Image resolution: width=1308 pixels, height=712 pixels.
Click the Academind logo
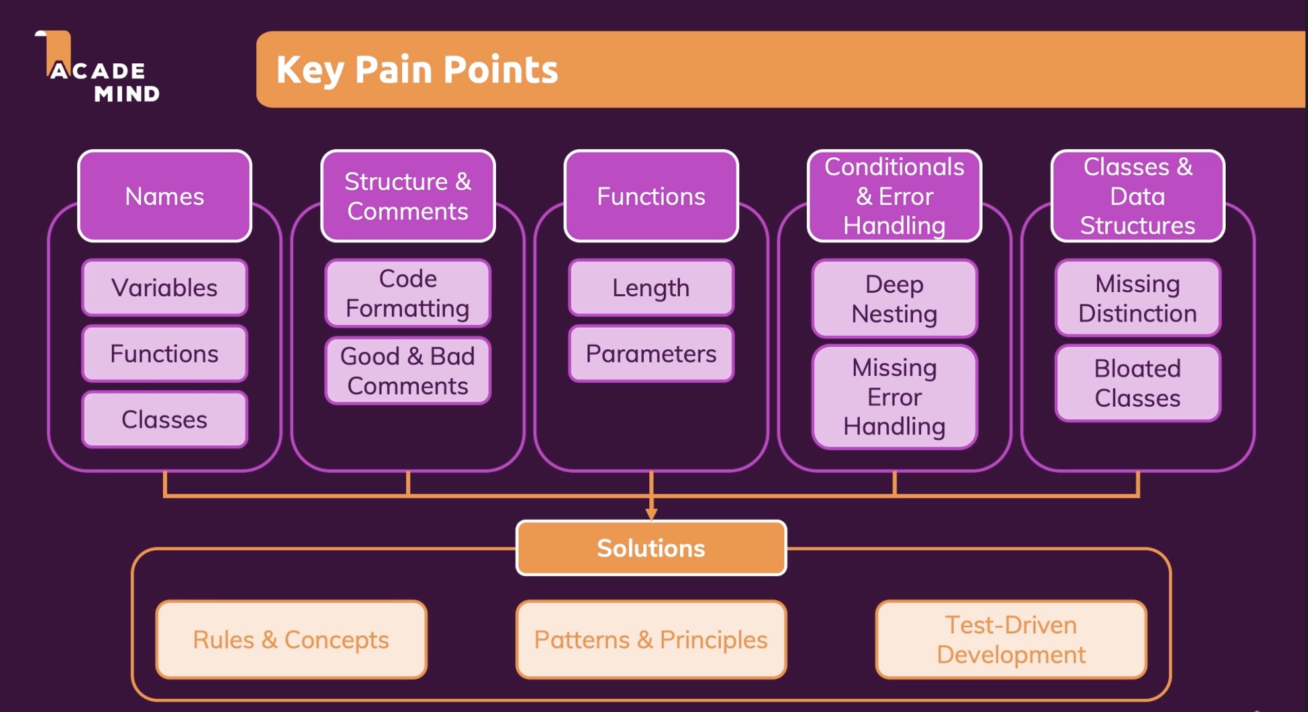click(x=98, y=66)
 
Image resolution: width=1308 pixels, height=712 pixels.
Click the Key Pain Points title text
click(x=417, y=69)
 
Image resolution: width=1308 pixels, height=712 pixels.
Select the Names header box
click(x=164, y=196)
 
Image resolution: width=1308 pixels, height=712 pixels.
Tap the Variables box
click(x=164, y=287)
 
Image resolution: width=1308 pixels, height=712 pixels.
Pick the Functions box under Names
click(x=164, y=353)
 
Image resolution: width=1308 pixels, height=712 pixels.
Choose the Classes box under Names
click(x=164, y=419)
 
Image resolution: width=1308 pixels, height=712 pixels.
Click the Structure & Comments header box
click(x=408, y=196)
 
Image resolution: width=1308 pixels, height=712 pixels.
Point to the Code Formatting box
click(x=408, y=293)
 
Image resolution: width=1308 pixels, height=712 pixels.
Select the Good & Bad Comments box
click(x=408, y=370)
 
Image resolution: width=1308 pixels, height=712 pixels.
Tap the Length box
click(x=651, y=287)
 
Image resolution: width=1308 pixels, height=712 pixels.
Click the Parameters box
click(x=651, y=353)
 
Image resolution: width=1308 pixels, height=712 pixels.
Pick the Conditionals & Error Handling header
click(x=894, y=196)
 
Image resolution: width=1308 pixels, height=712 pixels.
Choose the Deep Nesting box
click(x=894, y=298)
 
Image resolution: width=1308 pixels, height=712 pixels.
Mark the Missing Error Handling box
click(x=894, y=397)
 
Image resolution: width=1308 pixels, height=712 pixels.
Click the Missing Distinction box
click(x=1138, y=298)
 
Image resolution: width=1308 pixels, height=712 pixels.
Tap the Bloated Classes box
click(x=1138, y=383)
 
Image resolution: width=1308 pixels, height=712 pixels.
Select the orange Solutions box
click(x=651, y=548)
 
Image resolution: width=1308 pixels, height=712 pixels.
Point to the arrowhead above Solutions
click(x=651, y=514)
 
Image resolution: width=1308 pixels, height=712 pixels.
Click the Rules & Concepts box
click(x=291, y=640)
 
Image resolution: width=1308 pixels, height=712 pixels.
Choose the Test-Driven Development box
click(x=1011, y=640)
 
